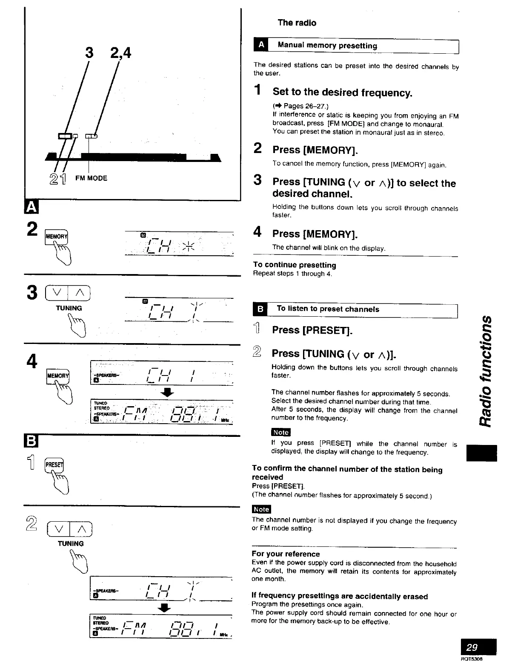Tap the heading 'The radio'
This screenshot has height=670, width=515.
(297, 23)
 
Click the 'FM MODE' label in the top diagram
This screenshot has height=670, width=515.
(91, 178)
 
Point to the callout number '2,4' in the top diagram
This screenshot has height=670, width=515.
(120, 53)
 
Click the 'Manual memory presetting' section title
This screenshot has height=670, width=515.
(327, 46)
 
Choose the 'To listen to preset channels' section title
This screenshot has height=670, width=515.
(327, 309)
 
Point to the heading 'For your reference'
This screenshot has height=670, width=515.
(286, 554)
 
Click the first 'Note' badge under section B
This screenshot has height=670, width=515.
(280, 432)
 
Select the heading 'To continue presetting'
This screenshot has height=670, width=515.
(295, 265)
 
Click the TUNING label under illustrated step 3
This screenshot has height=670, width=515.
(69, 308)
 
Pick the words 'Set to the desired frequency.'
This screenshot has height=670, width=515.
(342, 92)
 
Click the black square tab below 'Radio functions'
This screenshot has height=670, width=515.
(482, 453)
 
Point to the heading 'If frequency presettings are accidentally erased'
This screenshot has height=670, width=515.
(340, 596)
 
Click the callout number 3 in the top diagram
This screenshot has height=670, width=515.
(89, 52)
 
